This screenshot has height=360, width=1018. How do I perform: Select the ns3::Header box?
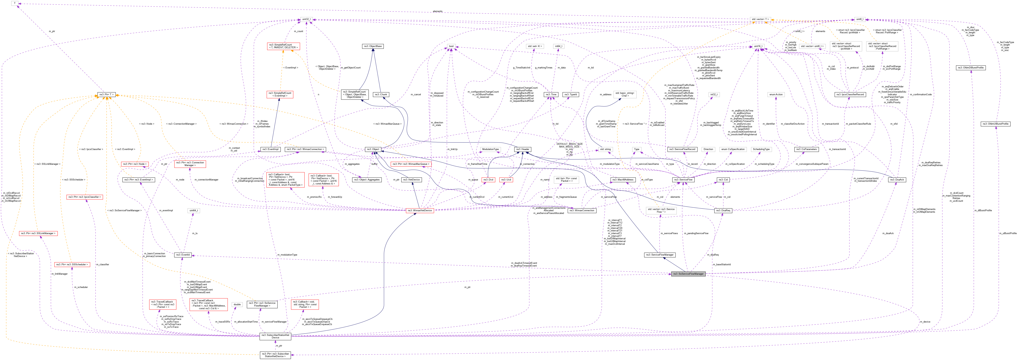(523, 149)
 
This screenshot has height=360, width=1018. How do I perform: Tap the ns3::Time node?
(551, 94)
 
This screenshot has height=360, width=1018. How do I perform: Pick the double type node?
(237, 304)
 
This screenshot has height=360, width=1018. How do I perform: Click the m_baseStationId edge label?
(722, 264)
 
